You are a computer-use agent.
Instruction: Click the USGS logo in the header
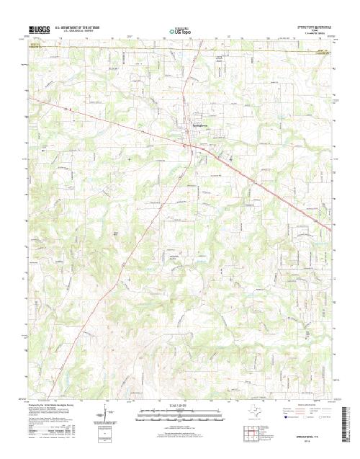(37, 31)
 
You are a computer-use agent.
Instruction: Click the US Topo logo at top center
(179, 32)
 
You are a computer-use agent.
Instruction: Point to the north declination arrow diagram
(107, 416)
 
